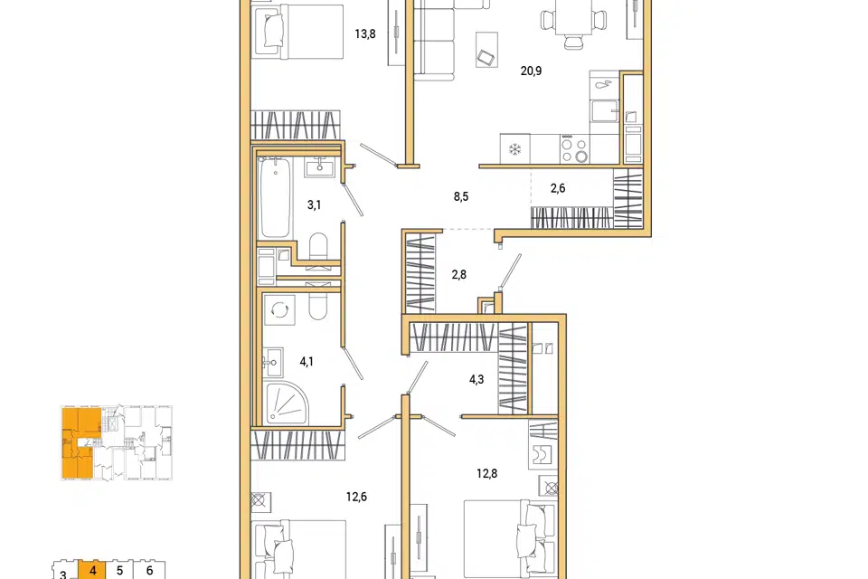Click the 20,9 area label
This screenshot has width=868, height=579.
[x=531, y=71]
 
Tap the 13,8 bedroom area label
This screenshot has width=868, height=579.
[x=364, y=34]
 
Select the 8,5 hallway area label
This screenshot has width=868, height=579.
[x=461, y=196]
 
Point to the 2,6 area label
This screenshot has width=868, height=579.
[x=558, y=188]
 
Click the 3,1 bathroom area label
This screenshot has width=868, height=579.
[x=314, y=205]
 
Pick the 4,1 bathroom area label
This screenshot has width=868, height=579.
[x=307, y=362]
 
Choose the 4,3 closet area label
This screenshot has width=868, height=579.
[x=476, y=380]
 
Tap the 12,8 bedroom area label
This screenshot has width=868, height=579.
[x=486, y=474]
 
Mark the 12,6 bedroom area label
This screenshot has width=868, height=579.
[x=356, y=497]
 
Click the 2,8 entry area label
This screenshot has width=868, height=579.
[x=459, y=275]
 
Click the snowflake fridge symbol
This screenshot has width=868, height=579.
[x=515, y=149]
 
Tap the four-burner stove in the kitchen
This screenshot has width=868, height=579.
[x=575, y=149]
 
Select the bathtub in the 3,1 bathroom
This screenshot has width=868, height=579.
[x=275, y=197]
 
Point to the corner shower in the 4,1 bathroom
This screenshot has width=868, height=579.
[x=287, y=403]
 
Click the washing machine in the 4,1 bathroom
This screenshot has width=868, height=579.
[x=279, y=310]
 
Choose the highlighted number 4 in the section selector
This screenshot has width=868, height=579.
[x=92, y=570]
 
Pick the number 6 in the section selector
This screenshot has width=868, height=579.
[x=149, y=570]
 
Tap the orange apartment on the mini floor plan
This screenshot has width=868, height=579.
[x=80, y=442]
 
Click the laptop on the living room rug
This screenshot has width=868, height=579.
[x=486, y=58]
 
